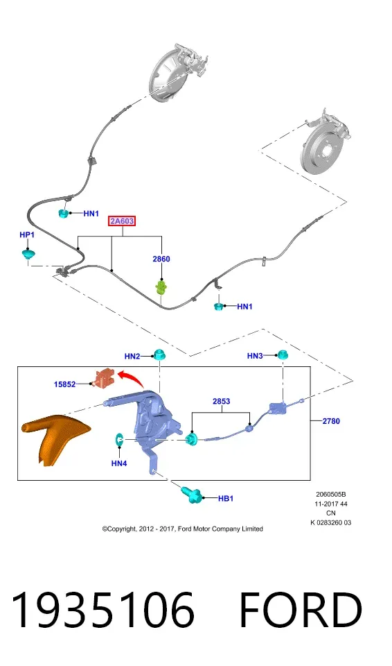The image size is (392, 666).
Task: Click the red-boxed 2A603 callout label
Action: (x=122, y=221)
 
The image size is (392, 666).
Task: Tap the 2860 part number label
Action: (x=161, y=259)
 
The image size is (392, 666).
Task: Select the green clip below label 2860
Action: (x=161, y=287)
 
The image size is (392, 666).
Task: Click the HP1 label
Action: (x=27, y=235)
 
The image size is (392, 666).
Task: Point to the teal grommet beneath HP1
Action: (x=28, y=255)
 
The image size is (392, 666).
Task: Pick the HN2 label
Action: (x=132, y=357)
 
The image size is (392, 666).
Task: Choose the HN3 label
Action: (x=255, y=356)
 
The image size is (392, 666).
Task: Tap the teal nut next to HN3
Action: (x=282, y=354)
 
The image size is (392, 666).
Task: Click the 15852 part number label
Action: (x=64, y=384)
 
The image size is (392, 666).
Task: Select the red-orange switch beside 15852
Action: (x=104, y=377)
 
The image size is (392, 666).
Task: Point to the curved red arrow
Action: (x=131, y=379)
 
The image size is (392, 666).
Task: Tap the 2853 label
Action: (x=221, y=402)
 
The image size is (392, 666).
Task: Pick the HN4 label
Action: (x=119, y=463)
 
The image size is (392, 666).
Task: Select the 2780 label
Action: (x=331, y=421)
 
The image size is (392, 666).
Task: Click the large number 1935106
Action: (x=103, y=610)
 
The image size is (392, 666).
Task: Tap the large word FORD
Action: (x=301, y=610)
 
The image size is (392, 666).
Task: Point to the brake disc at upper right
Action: (x=325, y=149)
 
